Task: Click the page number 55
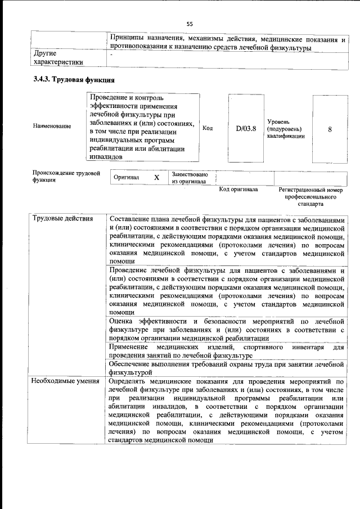click(189, 24)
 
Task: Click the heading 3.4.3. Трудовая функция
click(74, 79)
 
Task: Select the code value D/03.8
click(246, 128)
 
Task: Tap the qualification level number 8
click(330, 129)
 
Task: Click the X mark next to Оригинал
click(157, 178)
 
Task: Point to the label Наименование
click(52, 126)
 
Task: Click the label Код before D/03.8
click(207, 128)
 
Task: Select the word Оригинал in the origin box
click(126, 178)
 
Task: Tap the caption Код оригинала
click(238, 190)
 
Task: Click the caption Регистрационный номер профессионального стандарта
click(310, 197)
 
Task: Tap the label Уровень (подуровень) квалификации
click(286, 129)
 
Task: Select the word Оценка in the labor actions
click(121, 320)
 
